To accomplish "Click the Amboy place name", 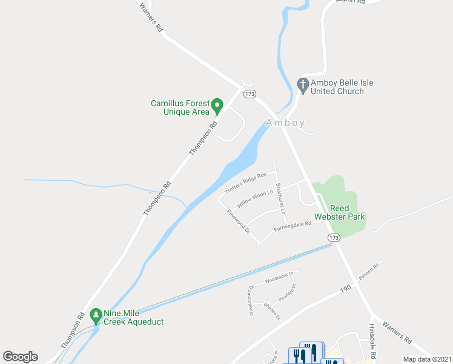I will tap(285, 123).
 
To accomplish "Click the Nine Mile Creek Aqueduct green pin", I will tap(95, 315).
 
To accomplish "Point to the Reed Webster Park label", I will tap(339, 212).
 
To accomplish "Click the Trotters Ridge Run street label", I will tap(245, 183).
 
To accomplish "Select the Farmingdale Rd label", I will tap(292, 226).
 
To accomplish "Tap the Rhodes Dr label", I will tap(273, 311).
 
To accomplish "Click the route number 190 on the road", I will tap(345, 290).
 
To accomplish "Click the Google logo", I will tap(20, 357).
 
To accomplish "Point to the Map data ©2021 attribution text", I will tap(426, 359).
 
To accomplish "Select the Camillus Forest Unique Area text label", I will tap(180, 107).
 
